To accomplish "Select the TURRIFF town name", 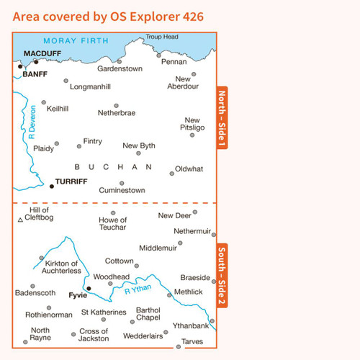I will pos(71,181).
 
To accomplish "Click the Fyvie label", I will pos(77,296).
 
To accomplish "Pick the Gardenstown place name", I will pos(120,69).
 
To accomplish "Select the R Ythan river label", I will pos(138,292).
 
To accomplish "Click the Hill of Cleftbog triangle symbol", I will pos(20,220).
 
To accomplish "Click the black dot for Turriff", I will pos(52,186).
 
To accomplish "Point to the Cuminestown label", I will pos(122,190).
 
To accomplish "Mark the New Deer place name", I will pos(175,215).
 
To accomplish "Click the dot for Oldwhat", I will pos(172,173).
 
